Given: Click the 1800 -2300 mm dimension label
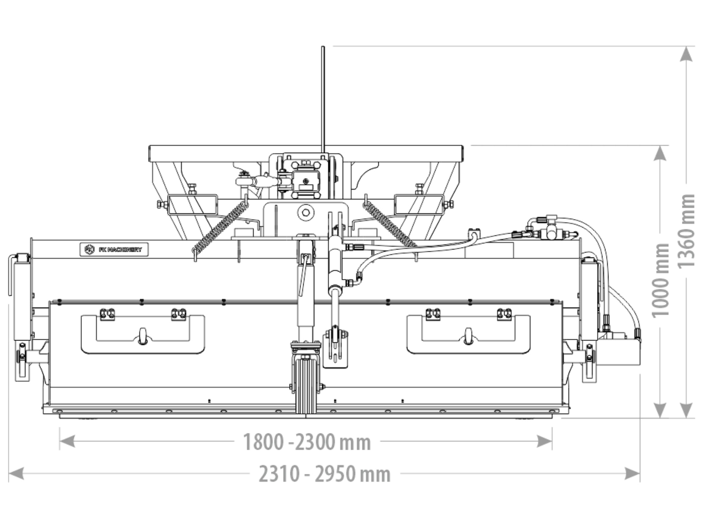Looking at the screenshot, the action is click(307, 442).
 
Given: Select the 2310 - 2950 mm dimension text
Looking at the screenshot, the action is click(325, 474).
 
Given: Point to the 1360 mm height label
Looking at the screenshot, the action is click(686, 231).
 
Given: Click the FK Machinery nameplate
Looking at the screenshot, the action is click(114, 249).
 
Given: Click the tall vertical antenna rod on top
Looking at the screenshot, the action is click(323, 99).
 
